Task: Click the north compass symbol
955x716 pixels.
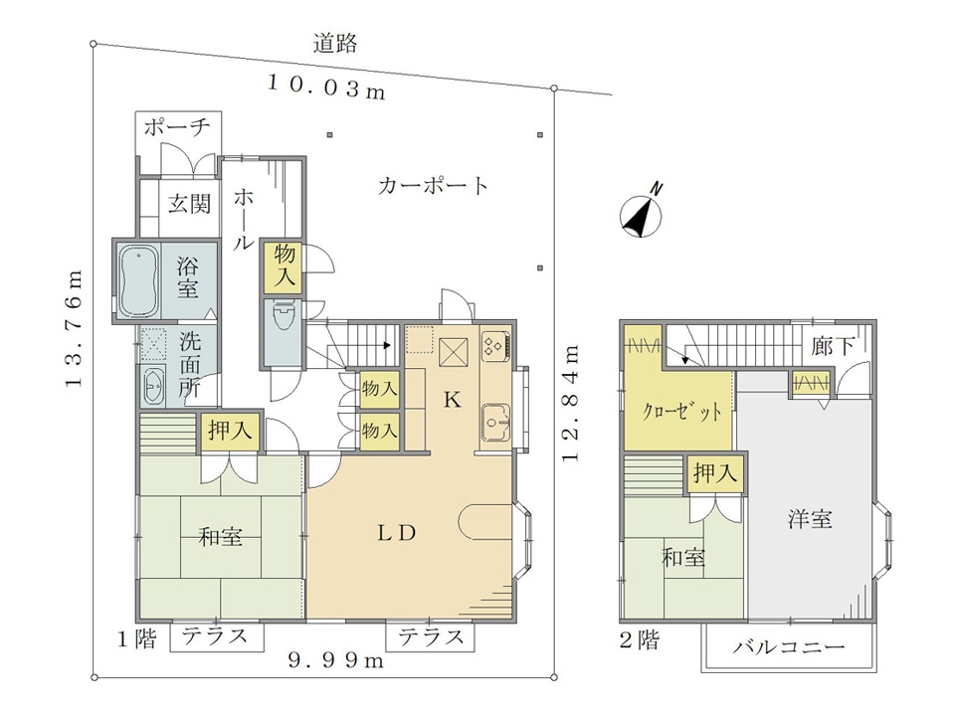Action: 642,215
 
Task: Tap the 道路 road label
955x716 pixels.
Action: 335,44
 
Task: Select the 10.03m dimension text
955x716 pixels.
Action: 327,88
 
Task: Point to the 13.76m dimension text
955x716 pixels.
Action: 75,328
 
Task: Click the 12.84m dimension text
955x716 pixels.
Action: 570,405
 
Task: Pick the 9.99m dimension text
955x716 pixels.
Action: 335,660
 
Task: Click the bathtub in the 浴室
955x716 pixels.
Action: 138,280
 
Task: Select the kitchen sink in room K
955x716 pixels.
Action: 496,422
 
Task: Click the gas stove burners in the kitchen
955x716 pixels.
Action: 494,346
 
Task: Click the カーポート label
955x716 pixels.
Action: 433,185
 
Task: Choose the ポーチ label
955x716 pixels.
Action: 177,127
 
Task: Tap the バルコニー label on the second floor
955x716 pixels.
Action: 789,646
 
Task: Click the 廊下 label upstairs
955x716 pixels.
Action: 833,346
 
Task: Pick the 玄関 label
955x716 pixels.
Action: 189,203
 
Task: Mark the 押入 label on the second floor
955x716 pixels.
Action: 715,471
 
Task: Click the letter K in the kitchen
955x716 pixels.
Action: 452,400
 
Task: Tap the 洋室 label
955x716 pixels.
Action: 810,519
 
